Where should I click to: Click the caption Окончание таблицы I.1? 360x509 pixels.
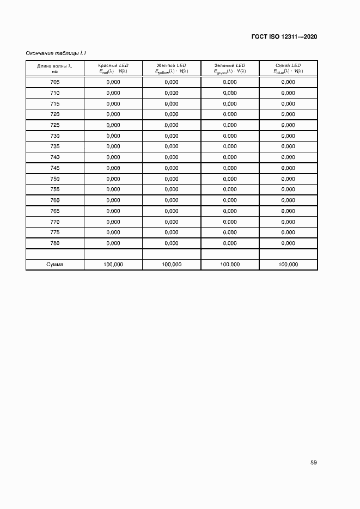click(x=57, y=53)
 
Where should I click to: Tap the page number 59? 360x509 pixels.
click(x=314, y=463)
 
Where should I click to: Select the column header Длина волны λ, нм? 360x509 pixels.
click(x=54, y=68)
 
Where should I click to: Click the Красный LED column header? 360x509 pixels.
click(x=113, y=68)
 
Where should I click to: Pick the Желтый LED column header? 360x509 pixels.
click(x=172, y=68)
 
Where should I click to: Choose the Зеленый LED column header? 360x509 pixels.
click(x=230, y=68)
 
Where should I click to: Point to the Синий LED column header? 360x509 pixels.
click(x=288, y=68)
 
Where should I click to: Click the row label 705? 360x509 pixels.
click(x=54, y=82)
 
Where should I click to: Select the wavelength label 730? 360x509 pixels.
click(x=54, y=136)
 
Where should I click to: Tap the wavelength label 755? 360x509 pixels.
click(x=54, y=189)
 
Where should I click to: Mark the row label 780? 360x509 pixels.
click(x=54, y=243)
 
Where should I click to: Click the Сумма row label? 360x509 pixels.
click(x=54, y=265)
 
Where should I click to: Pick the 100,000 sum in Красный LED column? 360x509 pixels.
click(x=113, y=265)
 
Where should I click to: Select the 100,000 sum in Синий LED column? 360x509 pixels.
click(x=288, y=265)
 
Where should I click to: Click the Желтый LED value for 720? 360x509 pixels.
click(x=172, y=114)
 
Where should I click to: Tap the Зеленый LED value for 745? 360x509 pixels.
click(x=230, y=168)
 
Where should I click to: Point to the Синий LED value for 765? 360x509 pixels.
click(x=288, y=211)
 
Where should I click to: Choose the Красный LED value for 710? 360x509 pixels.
click(x=113, y=93)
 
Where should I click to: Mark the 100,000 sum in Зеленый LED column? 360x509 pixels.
click(x=230, y=265)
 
